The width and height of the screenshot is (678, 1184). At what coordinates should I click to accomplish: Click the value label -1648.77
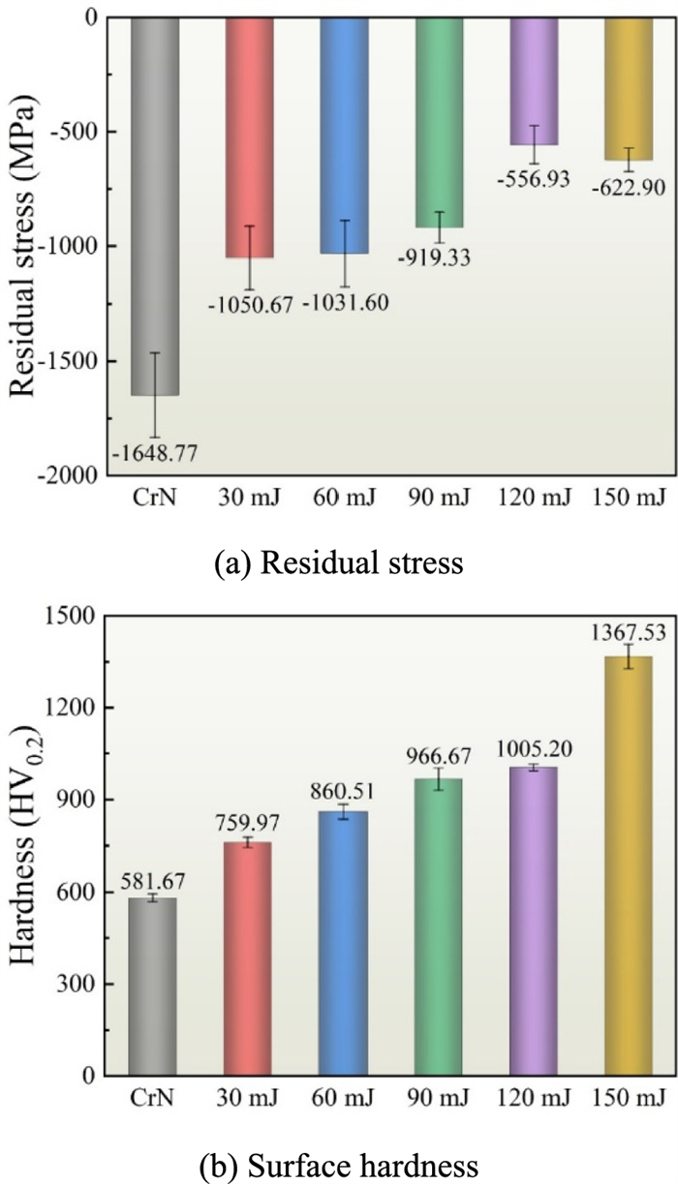coord(154,452)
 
